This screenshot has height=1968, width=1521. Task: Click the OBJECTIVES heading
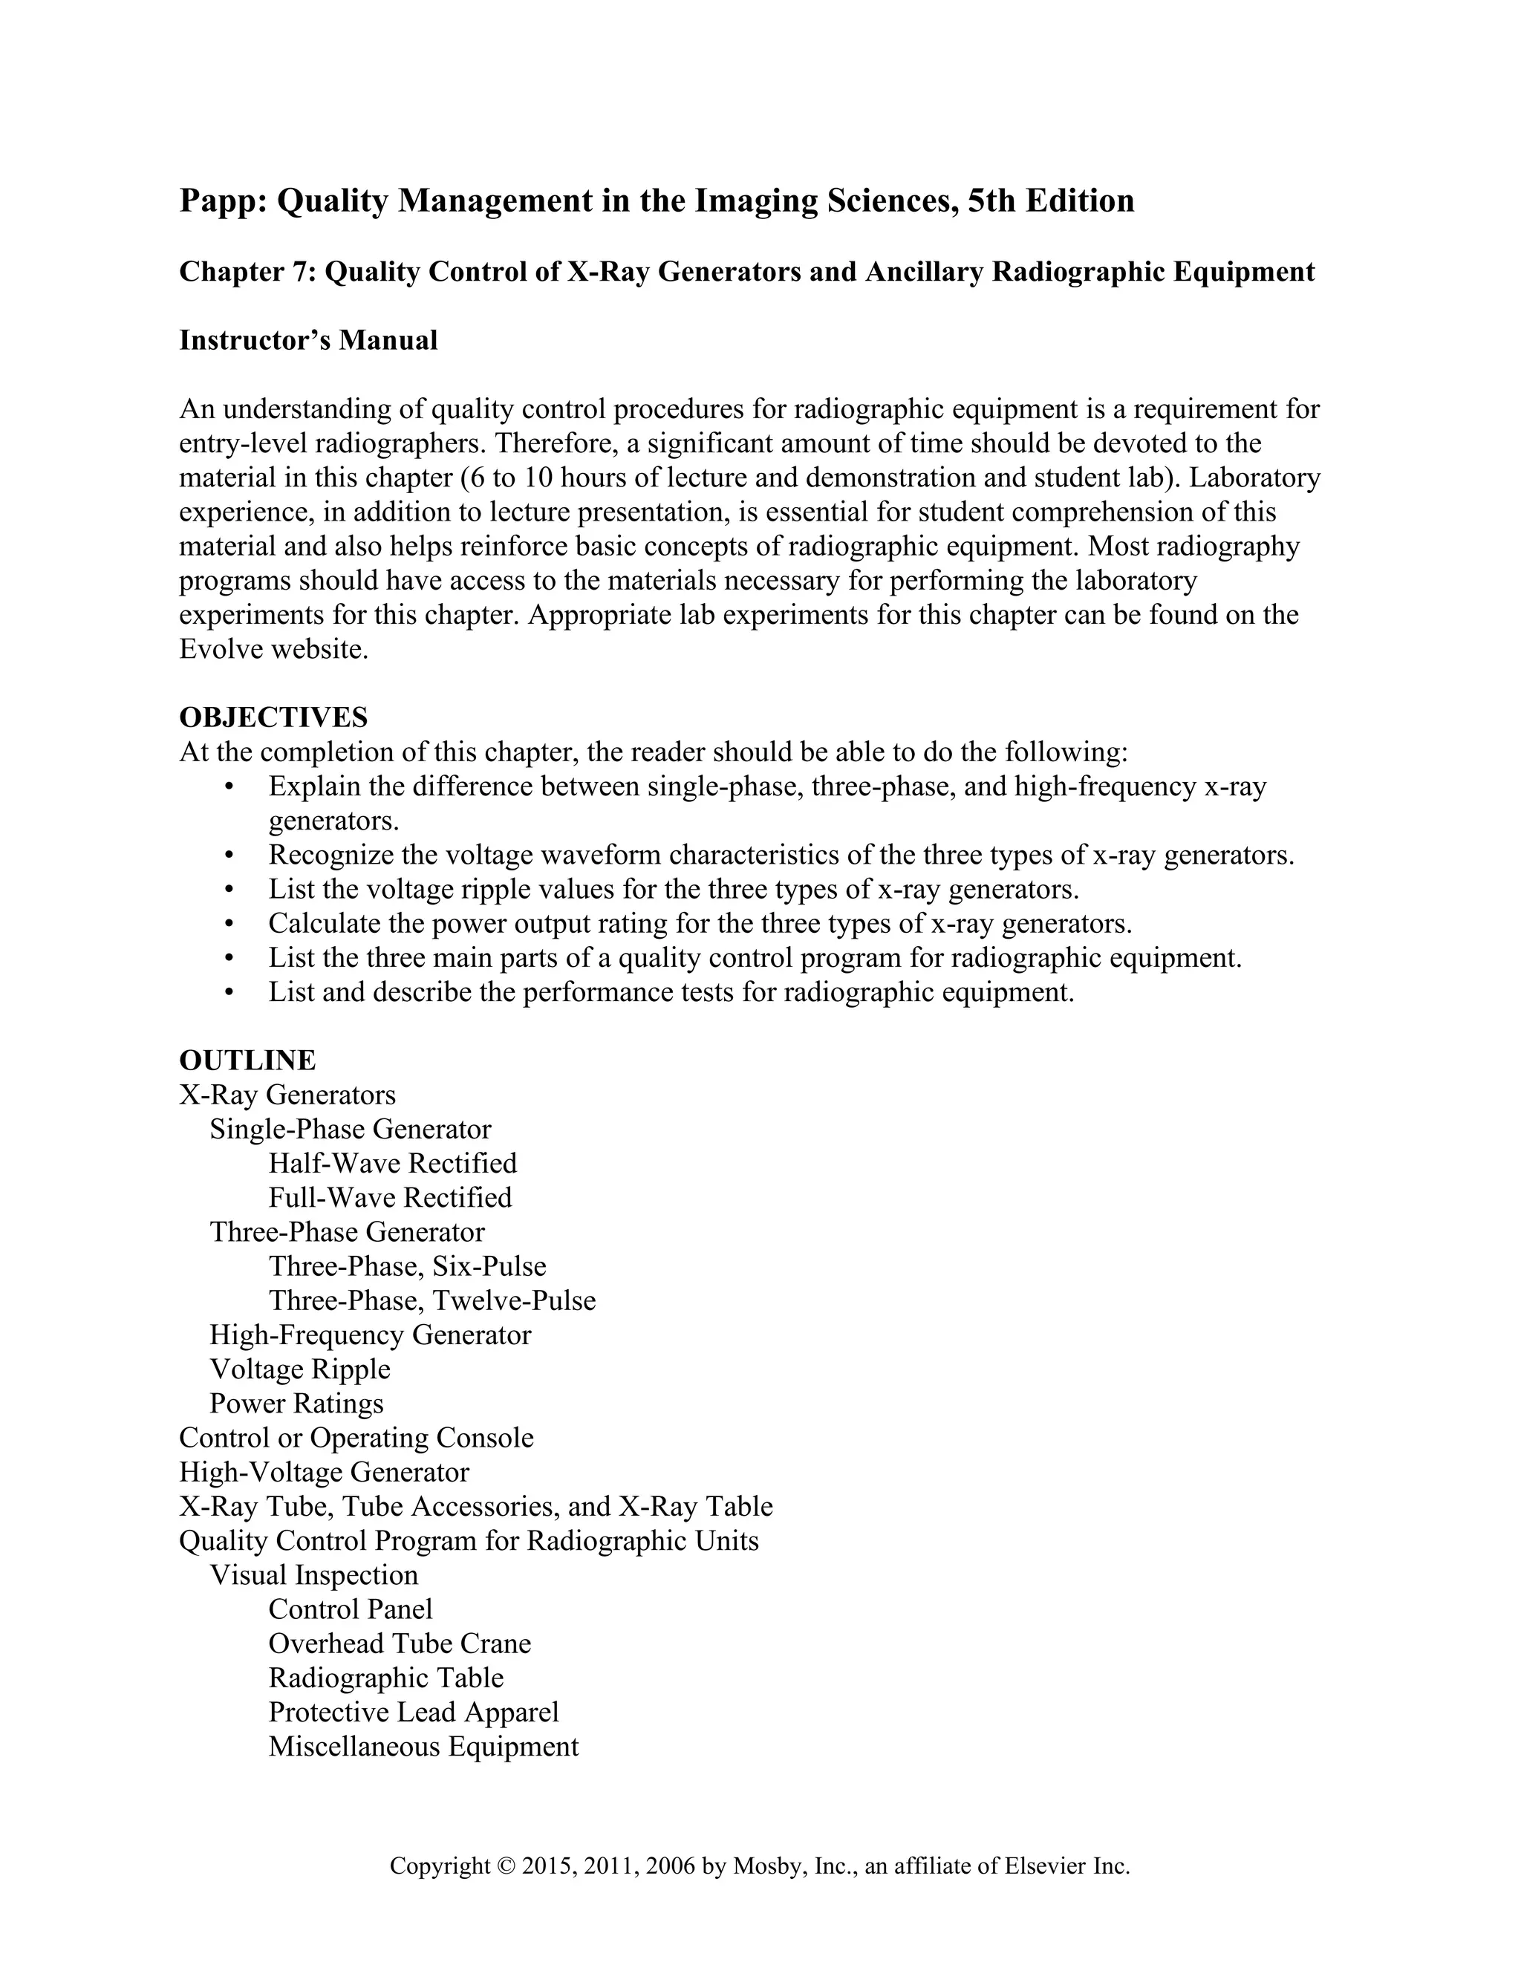(273, 717)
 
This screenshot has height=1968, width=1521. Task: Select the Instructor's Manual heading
(308, 341)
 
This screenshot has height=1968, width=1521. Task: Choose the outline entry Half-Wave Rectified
(392, 1163)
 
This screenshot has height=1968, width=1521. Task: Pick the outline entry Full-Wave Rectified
(389, 1198)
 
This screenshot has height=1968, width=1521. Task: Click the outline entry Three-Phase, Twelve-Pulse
(431, 1300)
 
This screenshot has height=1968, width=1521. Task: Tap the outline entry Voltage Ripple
(300, 1369)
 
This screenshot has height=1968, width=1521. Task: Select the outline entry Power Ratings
(296, 1403)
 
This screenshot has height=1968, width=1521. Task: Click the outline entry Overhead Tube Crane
(399, 1643)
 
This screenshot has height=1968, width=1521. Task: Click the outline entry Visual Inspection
(313, 1574)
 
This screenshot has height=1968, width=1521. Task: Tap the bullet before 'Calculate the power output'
(229, 924)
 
